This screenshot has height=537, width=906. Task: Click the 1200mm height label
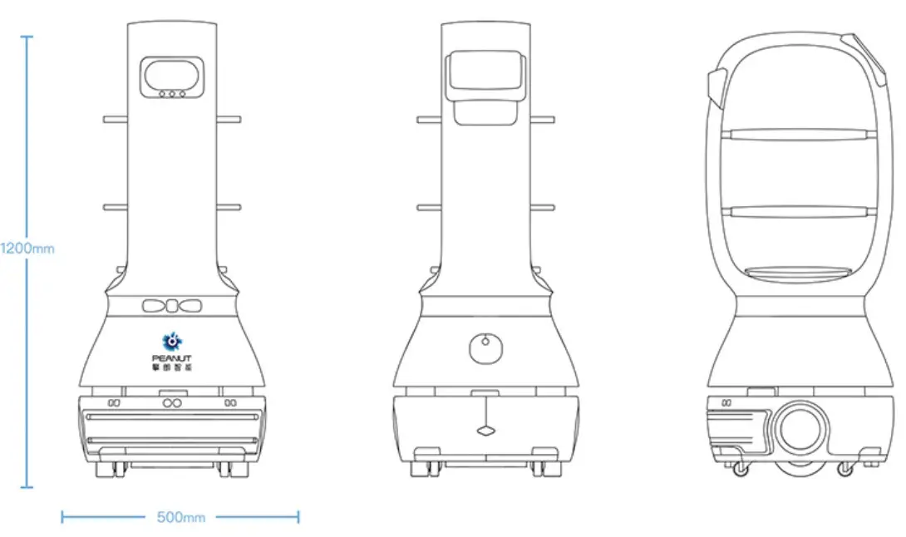click(27, 248)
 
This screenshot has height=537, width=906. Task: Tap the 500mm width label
click(180, 518)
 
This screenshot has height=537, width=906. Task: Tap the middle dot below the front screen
click(172, 94)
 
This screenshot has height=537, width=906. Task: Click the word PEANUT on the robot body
click(172, 357)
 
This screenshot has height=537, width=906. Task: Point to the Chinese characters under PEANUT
click(172, 367)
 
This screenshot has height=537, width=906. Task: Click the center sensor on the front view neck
click(172, 306)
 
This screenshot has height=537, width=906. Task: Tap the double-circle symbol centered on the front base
click(172, 404)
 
